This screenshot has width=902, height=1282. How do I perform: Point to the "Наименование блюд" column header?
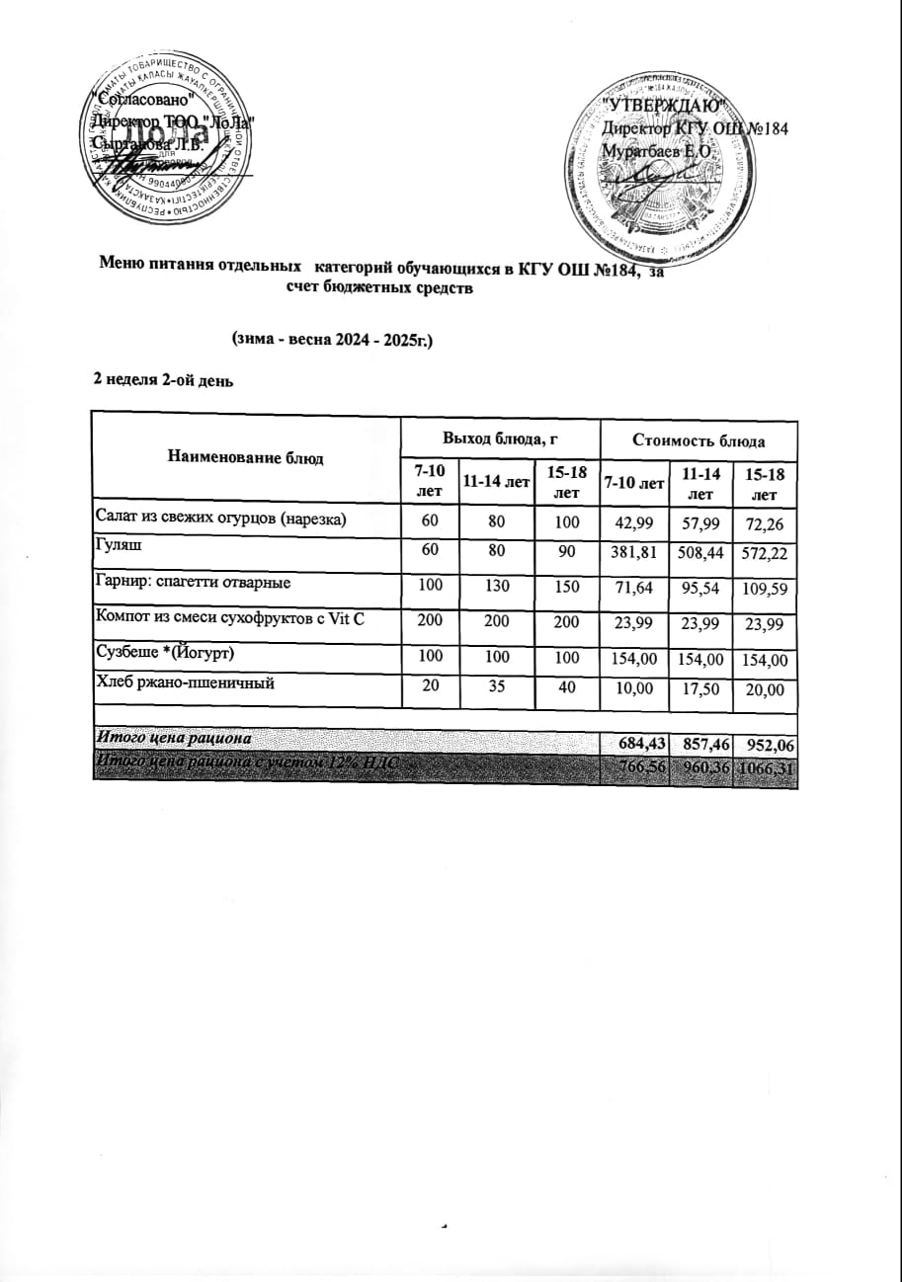pyautogui.click(x=246, y=456)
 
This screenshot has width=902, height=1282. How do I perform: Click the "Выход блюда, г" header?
pyautogui.click(x=501, y=436)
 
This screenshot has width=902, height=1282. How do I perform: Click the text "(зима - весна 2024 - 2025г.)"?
pyautogui.click(x=333, y=339)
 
